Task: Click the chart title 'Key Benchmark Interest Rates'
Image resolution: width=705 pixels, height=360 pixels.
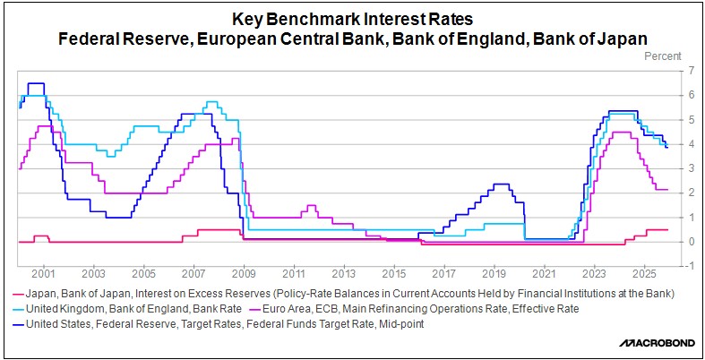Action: (x=353, y=19)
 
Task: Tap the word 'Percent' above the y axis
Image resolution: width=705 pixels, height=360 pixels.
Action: (x=665, y=56)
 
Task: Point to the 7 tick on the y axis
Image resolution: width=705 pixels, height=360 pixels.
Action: (x=690, y=71)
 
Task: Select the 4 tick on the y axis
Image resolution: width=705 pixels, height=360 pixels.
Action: (x=690, y=144)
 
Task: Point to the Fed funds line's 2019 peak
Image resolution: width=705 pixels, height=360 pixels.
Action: (x=501, y=184)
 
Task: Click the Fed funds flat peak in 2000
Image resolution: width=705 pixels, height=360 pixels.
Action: (x=36, y=83)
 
